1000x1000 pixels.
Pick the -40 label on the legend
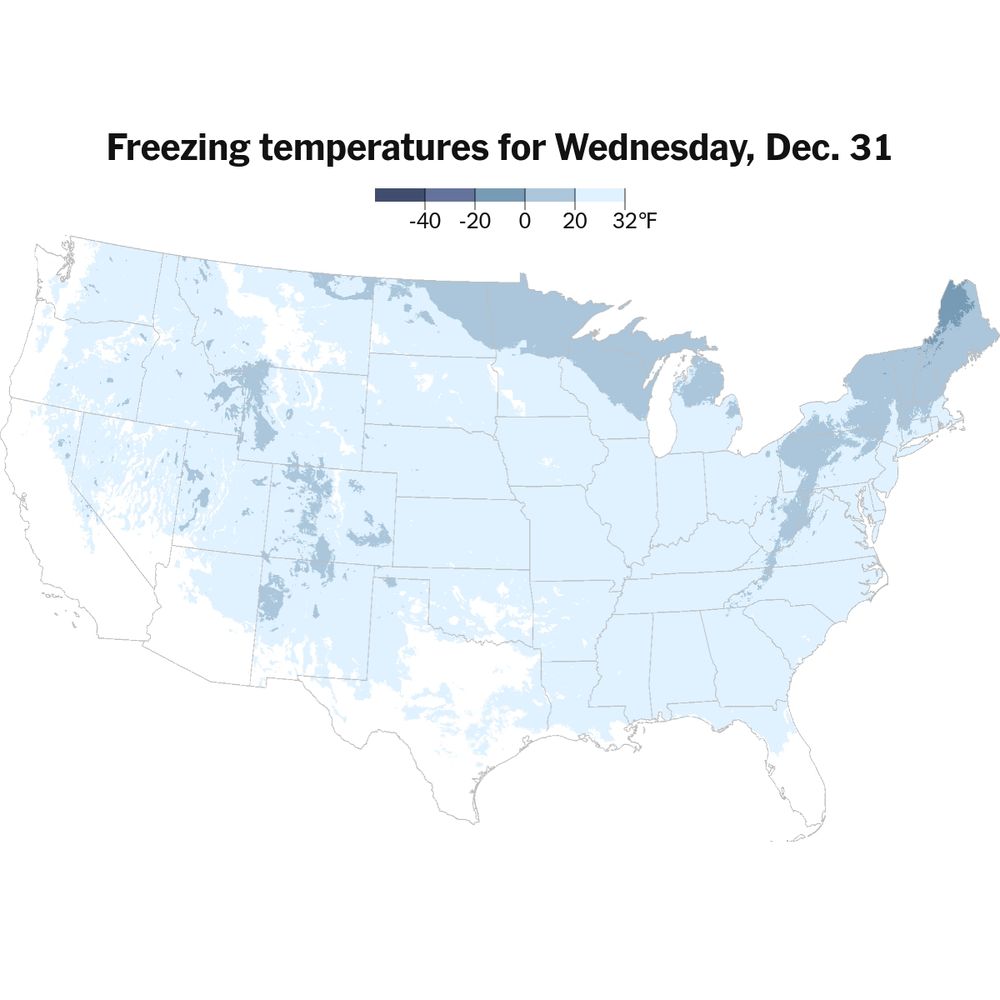(424, 222)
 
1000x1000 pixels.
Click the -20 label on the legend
(474, 222)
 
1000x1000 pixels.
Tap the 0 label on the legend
(524, 222)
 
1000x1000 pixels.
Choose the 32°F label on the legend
(634, 222)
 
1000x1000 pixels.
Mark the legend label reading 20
(574, 222)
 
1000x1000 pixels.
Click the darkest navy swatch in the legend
(400, 195)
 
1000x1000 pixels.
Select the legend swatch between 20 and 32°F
(600, 195)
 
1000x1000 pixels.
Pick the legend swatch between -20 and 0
(500, 195)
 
